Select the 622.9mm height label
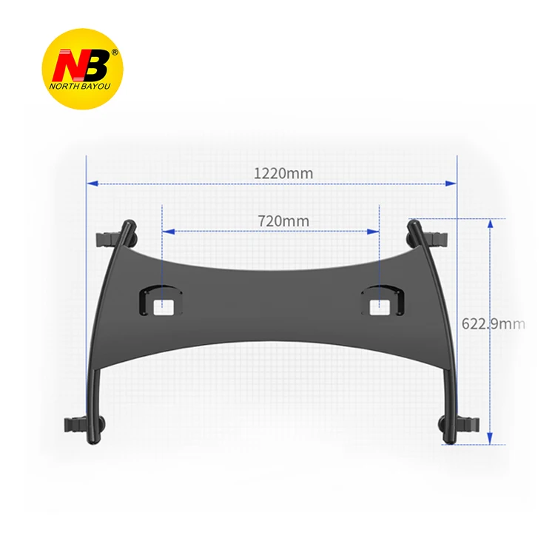[493, 323]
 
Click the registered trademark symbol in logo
[113, 53]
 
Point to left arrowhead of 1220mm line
[92, 183]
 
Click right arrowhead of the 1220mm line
[451, 183]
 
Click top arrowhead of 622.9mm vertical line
[490, 223]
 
